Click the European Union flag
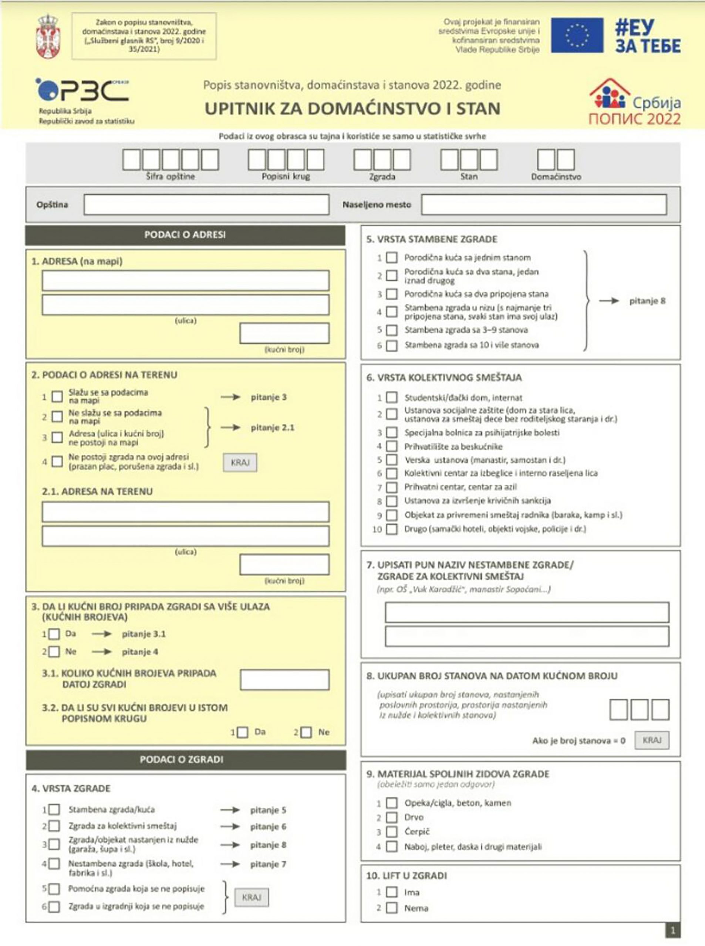click(x=577, y=35)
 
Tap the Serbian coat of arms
click(x=48, y=36)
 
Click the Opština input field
click(x=206, y=205)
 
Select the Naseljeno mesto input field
click(x=544, y=205)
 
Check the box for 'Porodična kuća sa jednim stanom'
click(x=391, y=258)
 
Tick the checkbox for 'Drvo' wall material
click(x=391, y=817)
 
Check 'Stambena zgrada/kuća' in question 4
click(x=54, y=809)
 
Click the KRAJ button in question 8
click(x=652, y=740)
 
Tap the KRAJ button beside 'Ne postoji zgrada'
click(x=240, y=463)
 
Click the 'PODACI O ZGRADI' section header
click(x=186, y=759)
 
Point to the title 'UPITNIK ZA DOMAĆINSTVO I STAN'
click(x=352, y=109)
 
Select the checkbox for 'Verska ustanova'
click(x=391, y=460)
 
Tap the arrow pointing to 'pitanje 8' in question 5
click(x=608, y=301)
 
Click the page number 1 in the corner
click(x=673, y=930)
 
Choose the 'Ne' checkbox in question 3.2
click(x=306, y=732)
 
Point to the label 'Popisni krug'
click(x=286, y=177)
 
